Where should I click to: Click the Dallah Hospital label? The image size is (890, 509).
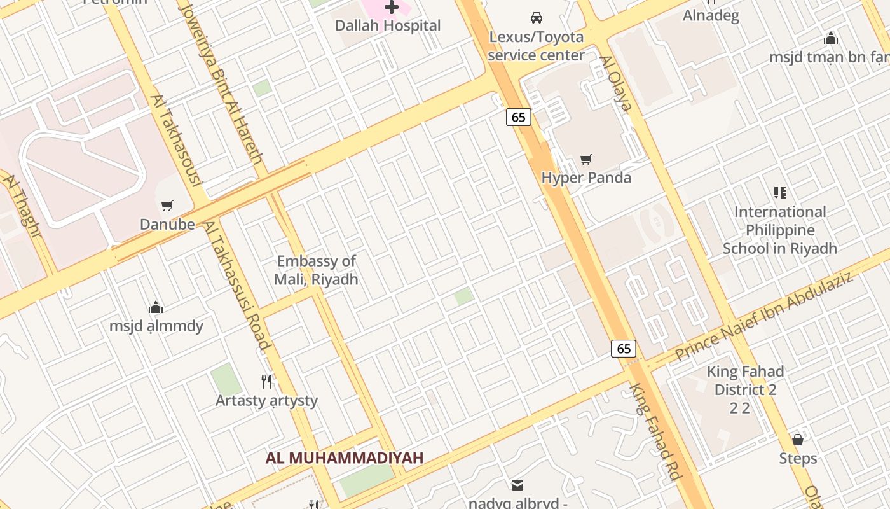(388, 26)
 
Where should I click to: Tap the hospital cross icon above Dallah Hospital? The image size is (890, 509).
(392, 7)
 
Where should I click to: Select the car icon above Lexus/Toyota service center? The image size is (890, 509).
(537, 17)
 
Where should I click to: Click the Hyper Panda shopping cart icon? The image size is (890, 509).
(586, 159)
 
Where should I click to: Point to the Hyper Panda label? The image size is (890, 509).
(586, 178)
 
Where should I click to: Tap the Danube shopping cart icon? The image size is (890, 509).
(167, 206)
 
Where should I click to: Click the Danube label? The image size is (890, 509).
(167, 224)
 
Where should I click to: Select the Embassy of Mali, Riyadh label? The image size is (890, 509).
(317, 270)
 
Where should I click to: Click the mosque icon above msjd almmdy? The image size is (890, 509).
(156, 308)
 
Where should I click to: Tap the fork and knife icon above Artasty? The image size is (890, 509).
(267, 381)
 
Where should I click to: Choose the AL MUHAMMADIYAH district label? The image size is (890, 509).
(345, 457)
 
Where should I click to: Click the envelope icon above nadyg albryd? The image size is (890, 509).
(517, 485)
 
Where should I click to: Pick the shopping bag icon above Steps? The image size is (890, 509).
(798, 440)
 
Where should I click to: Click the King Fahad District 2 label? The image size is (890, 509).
(745, 380)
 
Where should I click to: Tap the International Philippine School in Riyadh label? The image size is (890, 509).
(780, 230)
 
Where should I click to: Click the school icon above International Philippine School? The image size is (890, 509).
(780, 192)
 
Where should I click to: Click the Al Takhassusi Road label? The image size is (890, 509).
(236, 284)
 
